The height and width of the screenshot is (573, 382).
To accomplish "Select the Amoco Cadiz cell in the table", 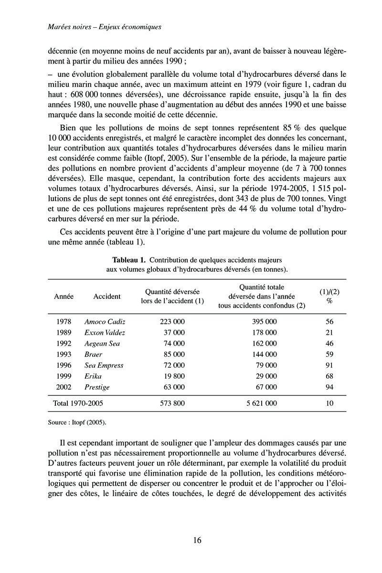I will pos(105,322).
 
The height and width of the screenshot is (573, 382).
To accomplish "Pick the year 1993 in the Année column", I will pos(64,354).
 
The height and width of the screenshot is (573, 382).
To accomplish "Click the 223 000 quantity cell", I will pos(172,322).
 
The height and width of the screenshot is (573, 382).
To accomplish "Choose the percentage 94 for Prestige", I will pos(329,387).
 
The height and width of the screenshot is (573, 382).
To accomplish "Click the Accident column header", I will pos(107,297).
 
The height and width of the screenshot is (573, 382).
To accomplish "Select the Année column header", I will pos(64,297).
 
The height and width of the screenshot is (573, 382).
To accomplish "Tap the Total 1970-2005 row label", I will pos(78,403).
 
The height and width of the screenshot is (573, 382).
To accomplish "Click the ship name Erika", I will pos(93,376).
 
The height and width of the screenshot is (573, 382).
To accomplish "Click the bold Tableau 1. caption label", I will pos(128,260).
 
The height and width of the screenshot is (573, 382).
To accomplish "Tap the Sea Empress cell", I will pos(104,365).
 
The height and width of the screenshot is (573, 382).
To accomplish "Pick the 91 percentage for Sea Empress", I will pos(329,365).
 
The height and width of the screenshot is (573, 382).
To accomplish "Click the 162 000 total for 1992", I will pos(264,343).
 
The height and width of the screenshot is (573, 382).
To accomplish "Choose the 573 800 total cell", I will pos(172,403).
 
